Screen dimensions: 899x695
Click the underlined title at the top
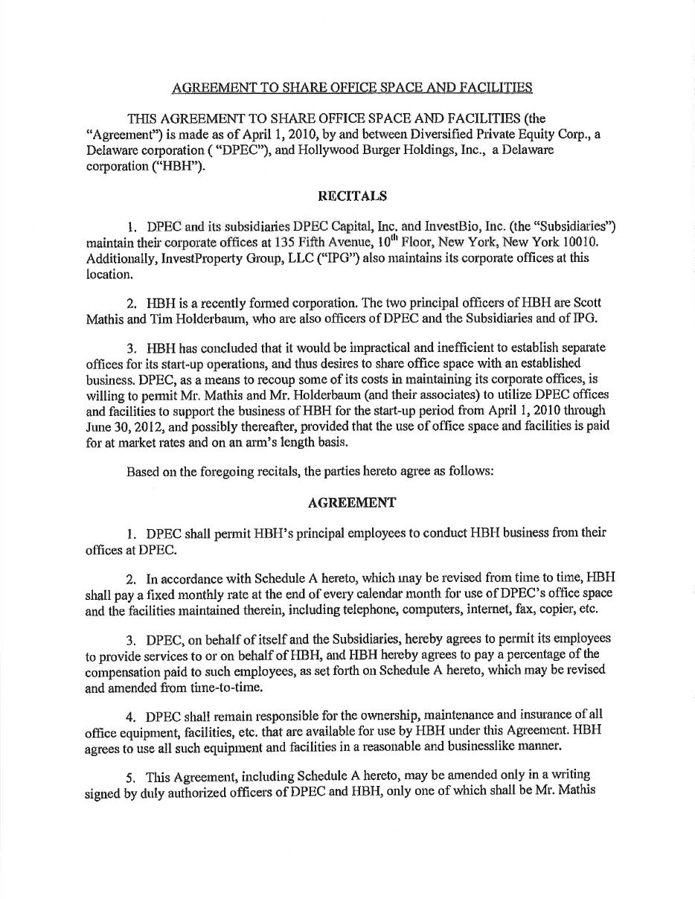(352, 88)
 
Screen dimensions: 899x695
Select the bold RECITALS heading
(352, 196)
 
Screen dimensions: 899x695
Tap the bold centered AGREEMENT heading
(352, 502)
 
